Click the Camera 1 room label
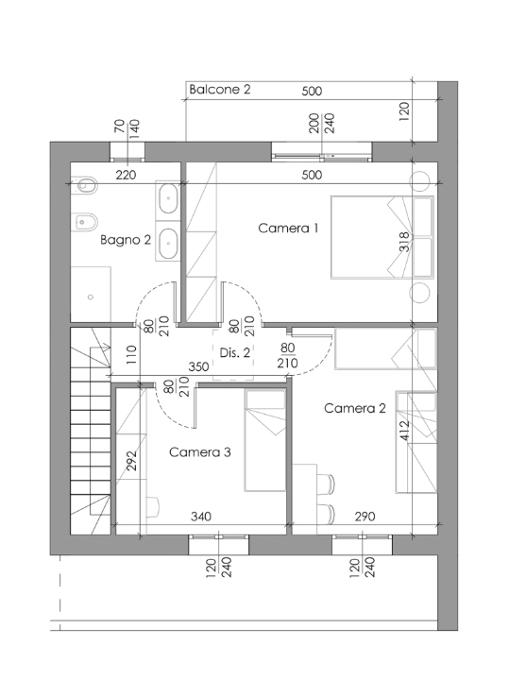pos(289,228)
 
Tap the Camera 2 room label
pos(354,408)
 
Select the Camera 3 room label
pos(199,452)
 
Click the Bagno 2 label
pos(126,240)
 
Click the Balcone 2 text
pos(219,90)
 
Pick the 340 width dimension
pos(199,517)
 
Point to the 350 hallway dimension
pos(198,366)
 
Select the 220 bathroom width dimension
pos(126,175)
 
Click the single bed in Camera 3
pos(265,442)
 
